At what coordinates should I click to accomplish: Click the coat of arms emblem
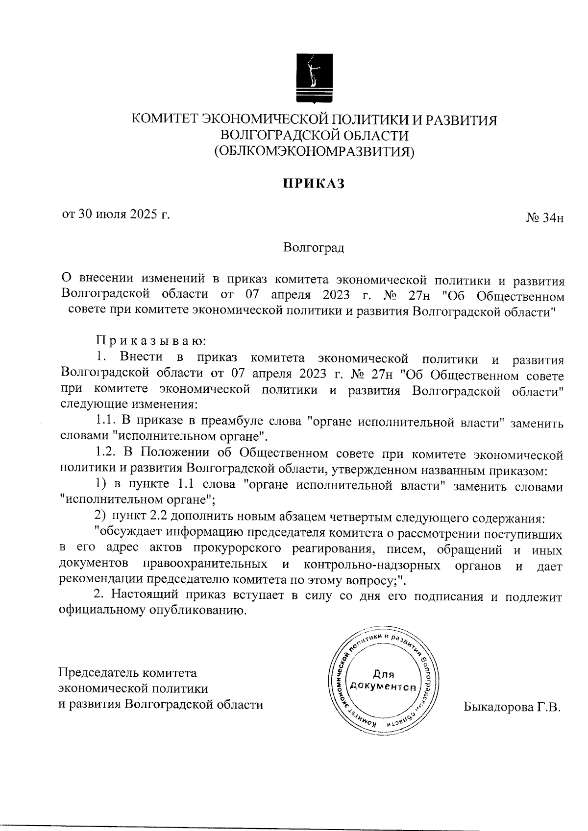click(x=314, y=79)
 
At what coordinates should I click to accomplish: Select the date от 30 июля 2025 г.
click(x=116, y=214)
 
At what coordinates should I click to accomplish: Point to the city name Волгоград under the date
click(x=314, y=248)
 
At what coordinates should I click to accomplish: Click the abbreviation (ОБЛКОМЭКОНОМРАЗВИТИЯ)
click(x=314, y=152)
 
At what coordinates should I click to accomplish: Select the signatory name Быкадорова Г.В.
click(x=511, y=708)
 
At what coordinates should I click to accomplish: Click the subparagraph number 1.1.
click(x=106, y=420)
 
